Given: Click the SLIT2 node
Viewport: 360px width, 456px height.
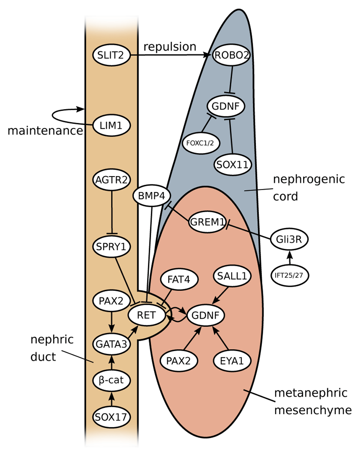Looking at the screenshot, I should click(111, 55).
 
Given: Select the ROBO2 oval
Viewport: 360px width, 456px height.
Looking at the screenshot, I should click(232, 55).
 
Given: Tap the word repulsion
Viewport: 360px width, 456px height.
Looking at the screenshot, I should click(170, 46).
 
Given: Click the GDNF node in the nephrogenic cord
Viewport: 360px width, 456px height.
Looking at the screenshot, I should click(226, 106).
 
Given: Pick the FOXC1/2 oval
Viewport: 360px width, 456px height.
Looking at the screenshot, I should click(200, 143).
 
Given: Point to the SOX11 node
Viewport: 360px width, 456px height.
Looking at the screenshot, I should click(233, 165).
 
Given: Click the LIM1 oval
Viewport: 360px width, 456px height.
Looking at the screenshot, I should click(111, 126).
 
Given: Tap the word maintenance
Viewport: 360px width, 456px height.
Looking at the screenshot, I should click(45, 130).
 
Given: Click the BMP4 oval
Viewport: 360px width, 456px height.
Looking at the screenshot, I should click(152, 196).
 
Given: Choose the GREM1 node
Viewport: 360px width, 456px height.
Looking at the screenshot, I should click(207, 222).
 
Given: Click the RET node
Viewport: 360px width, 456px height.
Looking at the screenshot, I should click(147, 315).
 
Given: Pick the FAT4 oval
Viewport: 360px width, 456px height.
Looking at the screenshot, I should click(179, 279).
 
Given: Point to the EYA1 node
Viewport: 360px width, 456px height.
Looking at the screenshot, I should click(232, 361).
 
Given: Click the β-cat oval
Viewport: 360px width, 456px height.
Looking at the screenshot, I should click(111, 380).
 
